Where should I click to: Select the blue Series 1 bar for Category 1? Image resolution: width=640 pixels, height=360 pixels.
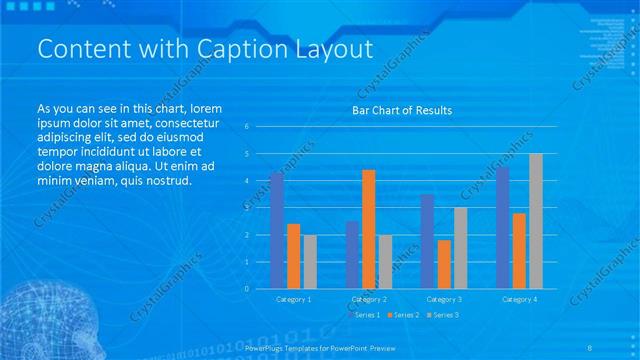(x=277, y=230)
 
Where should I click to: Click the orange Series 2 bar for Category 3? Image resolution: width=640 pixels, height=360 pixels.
(x=444, y=264)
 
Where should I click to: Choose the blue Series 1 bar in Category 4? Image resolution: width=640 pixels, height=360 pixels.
(x=503, y=227)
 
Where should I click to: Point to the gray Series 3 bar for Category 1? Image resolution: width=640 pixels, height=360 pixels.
(x=310, y=261)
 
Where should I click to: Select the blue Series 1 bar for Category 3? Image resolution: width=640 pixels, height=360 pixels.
(x=428, y=241)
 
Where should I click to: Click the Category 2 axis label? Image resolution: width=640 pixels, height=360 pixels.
(x=369, y=299)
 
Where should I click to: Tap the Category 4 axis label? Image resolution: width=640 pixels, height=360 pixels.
(x=519, y=299)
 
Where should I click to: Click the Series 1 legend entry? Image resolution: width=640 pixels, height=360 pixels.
(x=365, y=315)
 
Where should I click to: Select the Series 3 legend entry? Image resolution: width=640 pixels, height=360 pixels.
(x=443, y=315)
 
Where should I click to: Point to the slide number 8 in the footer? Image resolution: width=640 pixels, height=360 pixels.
(x=619, y=348)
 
